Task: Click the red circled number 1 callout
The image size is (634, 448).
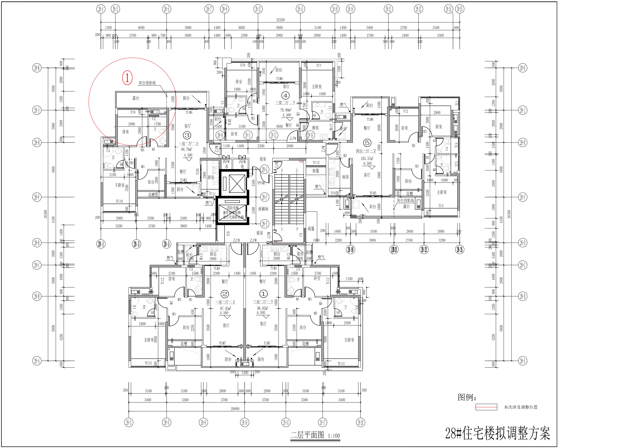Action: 127,78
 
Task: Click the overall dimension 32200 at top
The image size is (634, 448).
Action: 280,20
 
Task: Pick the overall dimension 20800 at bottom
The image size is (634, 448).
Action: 235,409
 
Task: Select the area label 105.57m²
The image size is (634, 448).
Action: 367,158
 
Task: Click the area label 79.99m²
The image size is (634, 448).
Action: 286,110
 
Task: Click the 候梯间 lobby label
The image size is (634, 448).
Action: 263,209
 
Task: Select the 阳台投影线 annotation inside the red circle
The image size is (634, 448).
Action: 147,83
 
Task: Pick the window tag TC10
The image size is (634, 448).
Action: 119,201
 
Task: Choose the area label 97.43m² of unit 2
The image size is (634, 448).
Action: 225,308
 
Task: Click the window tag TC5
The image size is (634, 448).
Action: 441,206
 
